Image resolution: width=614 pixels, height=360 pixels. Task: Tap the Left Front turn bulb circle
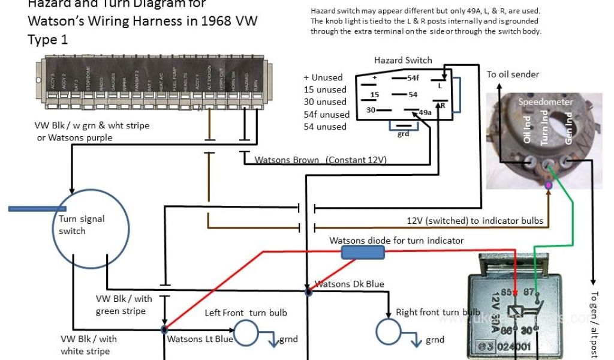(246, 331)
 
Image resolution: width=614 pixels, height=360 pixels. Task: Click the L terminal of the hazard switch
(440, 86)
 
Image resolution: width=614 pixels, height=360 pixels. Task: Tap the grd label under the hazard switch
(404, 134)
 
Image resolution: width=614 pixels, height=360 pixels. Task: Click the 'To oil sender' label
(513, 74)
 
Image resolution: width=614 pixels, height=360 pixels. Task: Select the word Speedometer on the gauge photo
(546, 102)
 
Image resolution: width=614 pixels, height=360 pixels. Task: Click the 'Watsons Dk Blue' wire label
(350, 284)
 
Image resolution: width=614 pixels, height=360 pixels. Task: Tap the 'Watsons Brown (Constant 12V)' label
(321, 160)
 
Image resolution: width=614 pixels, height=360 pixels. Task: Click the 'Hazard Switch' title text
(403, 60)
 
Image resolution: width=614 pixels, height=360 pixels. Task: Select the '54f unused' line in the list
(326, 114)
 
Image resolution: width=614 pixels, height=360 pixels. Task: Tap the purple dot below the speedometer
(548, 186)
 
